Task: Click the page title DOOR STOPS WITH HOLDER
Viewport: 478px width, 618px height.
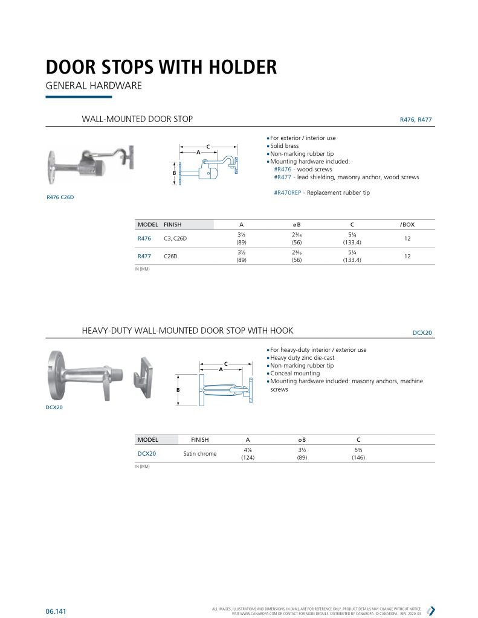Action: (x=161, y=66)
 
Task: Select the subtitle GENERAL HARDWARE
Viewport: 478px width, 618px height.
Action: (x=94, y=86)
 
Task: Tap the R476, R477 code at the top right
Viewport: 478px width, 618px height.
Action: (x=416, y=120)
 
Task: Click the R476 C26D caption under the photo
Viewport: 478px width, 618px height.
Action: (x=60, y=197)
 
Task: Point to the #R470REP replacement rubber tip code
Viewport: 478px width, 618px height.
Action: (x=289, y=193)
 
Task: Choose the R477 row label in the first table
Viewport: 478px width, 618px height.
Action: (x=144, y=256)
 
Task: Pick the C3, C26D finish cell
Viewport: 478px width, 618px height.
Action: (x=175, y=239)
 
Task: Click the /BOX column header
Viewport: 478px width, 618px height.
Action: (x=407, y=225)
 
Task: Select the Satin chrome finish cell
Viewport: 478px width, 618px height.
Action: (x=199, y=453)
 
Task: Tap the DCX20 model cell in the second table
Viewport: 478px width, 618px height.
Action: (x=147, y=453)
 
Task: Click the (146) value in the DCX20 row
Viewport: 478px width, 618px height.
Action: (x=358, y=457)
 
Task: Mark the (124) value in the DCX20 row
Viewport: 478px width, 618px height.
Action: (x=247, y=457)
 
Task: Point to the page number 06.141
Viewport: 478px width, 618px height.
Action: (x=56, y=611)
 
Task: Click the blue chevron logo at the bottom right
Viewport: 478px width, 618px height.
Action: (x=431, y=610)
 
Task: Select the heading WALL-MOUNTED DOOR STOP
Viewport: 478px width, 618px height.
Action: (x=137, y=119)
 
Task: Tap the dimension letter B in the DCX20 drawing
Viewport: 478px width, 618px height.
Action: (x=178, y=390)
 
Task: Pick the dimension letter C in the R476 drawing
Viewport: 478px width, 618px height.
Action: (x=208, y=147)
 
